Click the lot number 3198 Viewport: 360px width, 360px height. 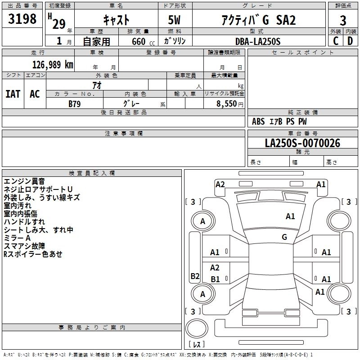22,20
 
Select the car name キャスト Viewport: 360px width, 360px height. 117,20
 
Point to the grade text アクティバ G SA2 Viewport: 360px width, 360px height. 257,20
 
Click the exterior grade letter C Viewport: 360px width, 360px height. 336,41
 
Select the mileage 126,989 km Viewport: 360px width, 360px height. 53,65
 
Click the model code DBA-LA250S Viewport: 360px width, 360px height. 257,41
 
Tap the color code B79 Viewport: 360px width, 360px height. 75,104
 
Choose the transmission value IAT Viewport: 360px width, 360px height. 13,94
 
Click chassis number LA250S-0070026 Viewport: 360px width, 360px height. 302,143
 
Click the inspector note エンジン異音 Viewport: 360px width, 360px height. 24,181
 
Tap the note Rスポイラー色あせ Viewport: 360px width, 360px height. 33,254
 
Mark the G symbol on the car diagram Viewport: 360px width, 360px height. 284,237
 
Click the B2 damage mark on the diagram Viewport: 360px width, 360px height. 195,276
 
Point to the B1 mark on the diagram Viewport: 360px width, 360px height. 215,279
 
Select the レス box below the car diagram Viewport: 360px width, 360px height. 196,344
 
